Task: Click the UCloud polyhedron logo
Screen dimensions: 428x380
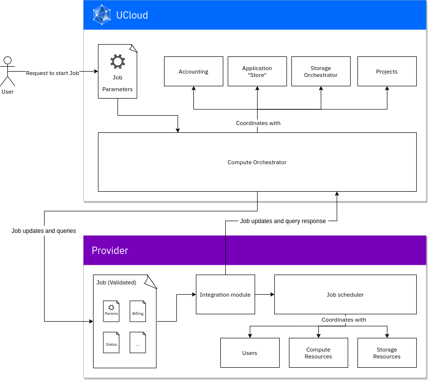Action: pyautogui.click(x=102, y=15)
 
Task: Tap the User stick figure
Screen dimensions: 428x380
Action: pyautogui.click(x=8, y=72)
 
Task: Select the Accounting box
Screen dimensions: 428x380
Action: pyautogui.click(x=193, y=72)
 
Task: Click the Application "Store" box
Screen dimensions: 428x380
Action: pyautogui.click(x=257, y=72)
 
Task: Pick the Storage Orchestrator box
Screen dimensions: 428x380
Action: pyautogui.click(x=321, y=72)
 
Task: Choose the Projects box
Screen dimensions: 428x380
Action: pyautogui.click(x=387, y=72)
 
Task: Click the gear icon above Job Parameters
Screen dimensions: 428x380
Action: pyautogui.click(x=118, y=61)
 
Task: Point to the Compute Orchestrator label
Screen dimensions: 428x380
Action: pyautogui.click(x=257, y=162)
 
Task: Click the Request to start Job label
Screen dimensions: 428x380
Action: pyautogui.click(x=52, y=73)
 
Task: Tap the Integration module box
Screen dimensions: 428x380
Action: pyautogui.click(x=225, y=294)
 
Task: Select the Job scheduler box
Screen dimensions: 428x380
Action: pyautogui.click(x=345, y=294)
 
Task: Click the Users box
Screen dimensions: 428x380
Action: pyautogui.click(x=250, y=353)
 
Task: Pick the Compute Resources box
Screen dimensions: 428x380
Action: pyautogui.click(x=318, y=353)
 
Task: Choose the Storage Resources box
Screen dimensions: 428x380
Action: pyautogui.click(x=387, y=353)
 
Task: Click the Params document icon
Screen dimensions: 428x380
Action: pyautogui.click(x=111, y=311)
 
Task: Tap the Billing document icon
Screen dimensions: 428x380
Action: pyautogui.click(x=138, y=311)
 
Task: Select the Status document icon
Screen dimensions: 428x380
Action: pyautogui.click(x=111, y=342)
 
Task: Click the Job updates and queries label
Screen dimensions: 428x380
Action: pyautogui.click(x=44, y=231)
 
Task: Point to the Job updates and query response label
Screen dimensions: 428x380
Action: pyautogui.click(x=283, y=221)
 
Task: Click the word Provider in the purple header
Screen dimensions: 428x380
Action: pyautogui.click(x=110, y=251)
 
